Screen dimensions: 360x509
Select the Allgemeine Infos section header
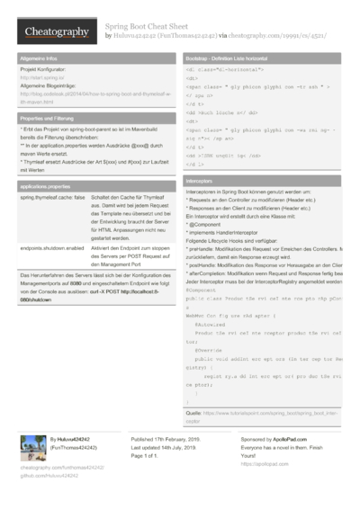click(x=40, y=57)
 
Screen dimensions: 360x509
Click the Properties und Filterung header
click(x=49, y=118)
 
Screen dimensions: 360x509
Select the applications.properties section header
click(x=46, y=185)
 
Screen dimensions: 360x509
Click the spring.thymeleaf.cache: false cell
click(x=52, y=197)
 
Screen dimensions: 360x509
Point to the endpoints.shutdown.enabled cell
click(x=51, y=247)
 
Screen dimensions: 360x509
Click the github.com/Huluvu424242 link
click(x=50, y=476)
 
